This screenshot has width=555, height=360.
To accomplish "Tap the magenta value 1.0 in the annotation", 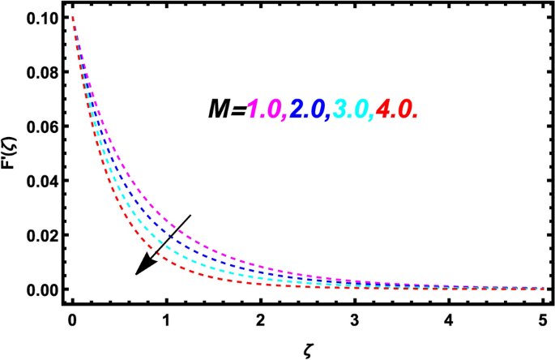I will (266, 109).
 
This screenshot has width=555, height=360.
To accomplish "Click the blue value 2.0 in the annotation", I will (311, 109).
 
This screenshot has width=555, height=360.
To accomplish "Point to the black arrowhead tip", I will (135, 275).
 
